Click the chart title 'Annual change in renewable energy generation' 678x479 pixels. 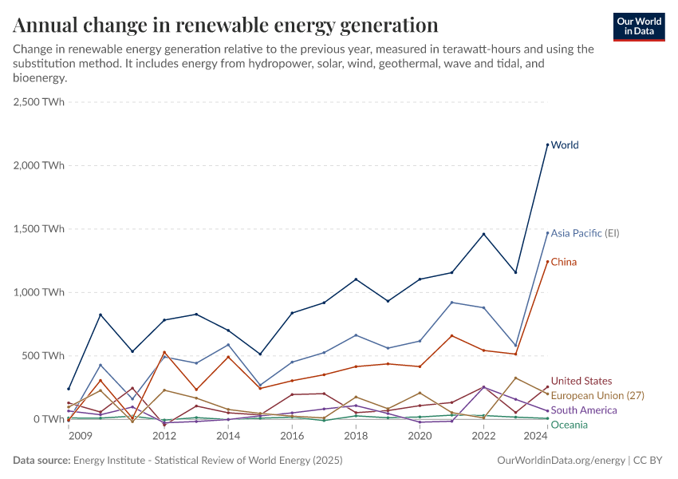pyautogui.click(x=226, y=25)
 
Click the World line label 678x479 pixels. pyautogui.click(x=565, y=145)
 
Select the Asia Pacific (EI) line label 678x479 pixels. pyautogui.click(x=585, y=233)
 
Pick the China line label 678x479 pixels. pyautogui.click(x=563, y=262)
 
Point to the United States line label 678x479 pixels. pyautogui.click(x=581, y=381)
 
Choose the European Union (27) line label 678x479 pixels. pyautogui.click(x=597, y=395)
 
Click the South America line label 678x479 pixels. pyautogui.click(x=584, y=410)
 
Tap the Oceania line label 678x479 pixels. pyautogui.click(x=570, y=425)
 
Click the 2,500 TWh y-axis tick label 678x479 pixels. pyautogui.click(x=39, y=102)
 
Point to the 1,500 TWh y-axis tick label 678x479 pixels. pyautogui.click(x=39, y=229)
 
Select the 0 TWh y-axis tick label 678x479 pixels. pyautogui.click(x=49, y=419)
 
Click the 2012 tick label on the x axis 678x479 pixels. pyautogui.click(x=164, y=437)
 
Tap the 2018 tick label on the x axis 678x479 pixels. pyautogui.click(x=356, y=437)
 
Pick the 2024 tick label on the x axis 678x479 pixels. pyautogui.click(x=536, y=437)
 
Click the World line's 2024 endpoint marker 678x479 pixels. pyautogui.click(x=547, y=144)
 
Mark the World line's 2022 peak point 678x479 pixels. pyautogui.click(x=483, y=234)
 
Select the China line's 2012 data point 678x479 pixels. pyautogui.click(x=164, y=352)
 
